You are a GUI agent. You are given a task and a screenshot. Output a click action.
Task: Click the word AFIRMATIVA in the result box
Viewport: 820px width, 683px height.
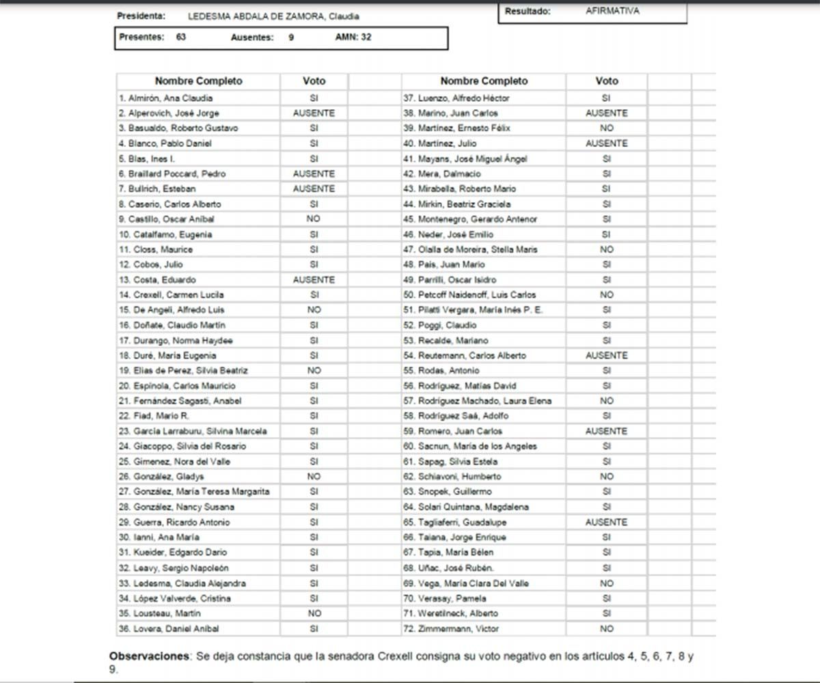point(612,12)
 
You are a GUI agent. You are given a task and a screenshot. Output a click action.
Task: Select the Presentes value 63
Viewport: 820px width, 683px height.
point(181,38)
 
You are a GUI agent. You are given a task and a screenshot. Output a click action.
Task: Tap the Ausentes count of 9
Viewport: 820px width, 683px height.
point(291,38)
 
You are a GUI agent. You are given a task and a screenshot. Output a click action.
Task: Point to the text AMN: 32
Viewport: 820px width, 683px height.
point(353,38)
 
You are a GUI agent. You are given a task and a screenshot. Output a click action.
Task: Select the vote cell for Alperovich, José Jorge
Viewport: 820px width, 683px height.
point(314,113)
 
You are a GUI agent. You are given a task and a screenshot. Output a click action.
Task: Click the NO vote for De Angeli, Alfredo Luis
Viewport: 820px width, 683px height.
point(314,310)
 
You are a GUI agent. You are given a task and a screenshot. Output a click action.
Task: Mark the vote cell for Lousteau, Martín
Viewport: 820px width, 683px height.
point(314,613)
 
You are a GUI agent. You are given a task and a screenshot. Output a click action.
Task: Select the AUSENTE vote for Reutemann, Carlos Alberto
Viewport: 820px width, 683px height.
point(606,356)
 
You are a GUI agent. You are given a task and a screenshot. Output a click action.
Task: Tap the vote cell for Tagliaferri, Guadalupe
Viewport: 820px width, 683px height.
point(606,522)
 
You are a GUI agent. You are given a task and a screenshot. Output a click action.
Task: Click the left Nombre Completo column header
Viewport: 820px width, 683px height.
point(198,81)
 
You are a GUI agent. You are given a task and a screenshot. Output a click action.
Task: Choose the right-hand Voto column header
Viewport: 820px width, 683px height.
point(606,81)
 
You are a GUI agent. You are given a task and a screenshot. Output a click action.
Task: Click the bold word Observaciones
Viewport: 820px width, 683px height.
point(149,656)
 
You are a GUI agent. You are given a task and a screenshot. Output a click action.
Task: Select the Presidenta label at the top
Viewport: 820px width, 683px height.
point(141,16)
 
